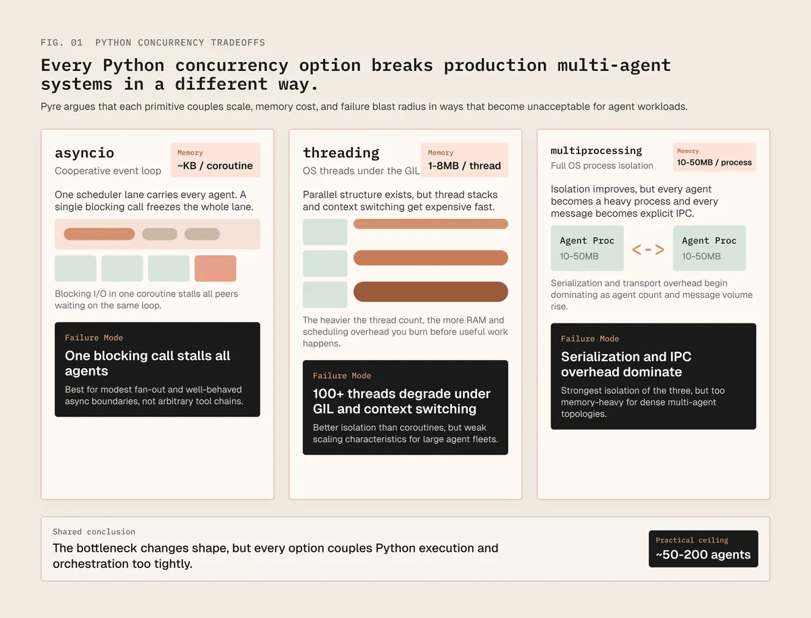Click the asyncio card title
click(x=84, y=153)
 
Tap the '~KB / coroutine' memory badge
click(x=215, y=160)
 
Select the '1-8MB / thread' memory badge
click(x=464, y=160)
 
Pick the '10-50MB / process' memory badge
click(x=714, y=157)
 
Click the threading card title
click(x=341, y=153)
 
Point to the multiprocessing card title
click(x=596, y=151)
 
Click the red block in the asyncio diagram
click(x=215, y=268)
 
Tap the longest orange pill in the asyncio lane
click(x=99, y=234)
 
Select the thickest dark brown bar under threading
click(x=431, y=292)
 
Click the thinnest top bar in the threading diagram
click(x=431, y=224)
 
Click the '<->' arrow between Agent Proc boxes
click(x=647, y=249)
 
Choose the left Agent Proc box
click(x=587, y=248)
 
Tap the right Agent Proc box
click(x=709, y=248)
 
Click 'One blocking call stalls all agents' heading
click(x=147, y=363)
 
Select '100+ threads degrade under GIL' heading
click(x=401, y=401)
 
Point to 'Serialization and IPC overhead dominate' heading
click(x=626, y=364)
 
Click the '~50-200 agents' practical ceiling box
click(x=703, y=548)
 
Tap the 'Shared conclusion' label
click(x=94, y=532)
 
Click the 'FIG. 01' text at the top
click(x=62, y=43)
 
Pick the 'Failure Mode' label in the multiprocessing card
click(x=589, y=339)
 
